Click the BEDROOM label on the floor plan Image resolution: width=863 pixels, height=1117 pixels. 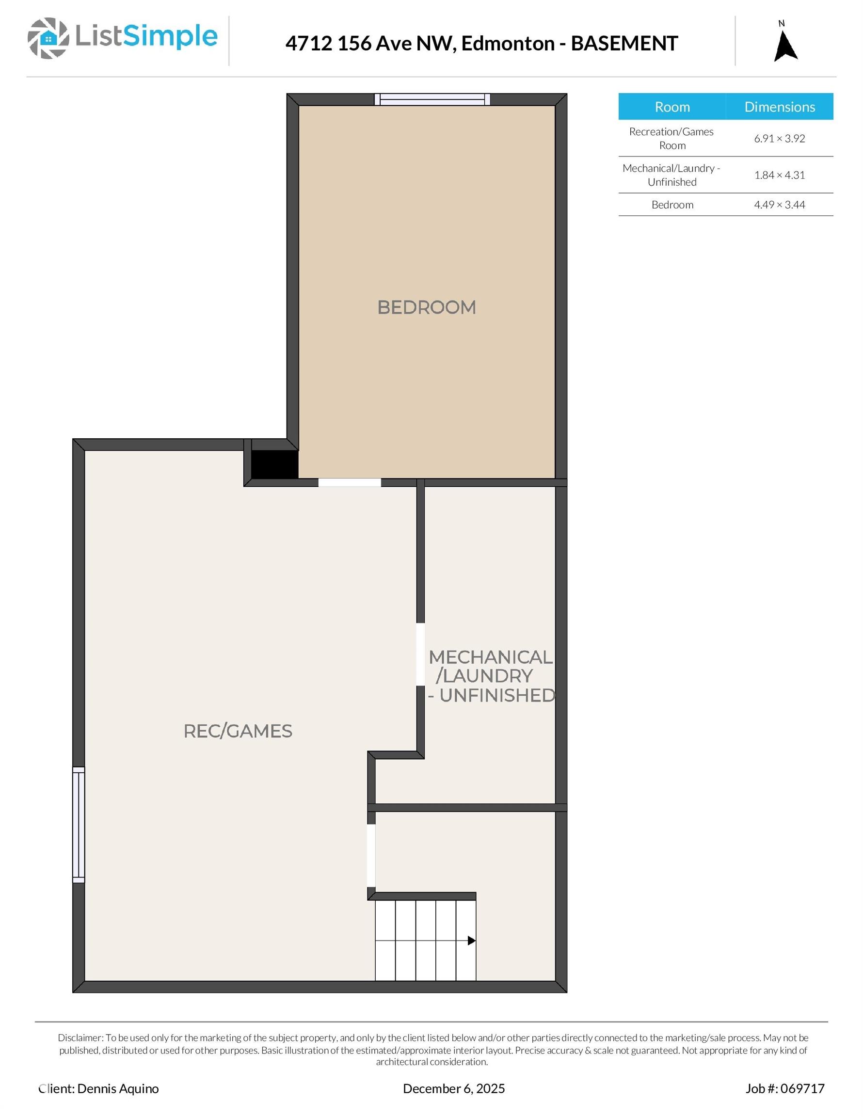pyautogui.click(x=427, y=307)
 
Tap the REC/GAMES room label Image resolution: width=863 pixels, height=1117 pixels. pyautogui.click(x=238, y=732)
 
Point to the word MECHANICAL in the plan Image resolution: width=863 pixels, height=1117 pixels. pyautogui.click(x=491, y=657)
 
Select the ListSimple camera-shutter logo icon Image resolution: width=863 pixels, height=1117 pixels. pyautogui.click(x=48, y=38)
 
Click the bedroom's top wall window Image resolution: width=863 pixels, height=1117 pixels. pyautogui.click(x=432, y=99)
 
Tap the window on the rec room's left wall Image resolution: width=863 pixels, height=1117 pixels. pyautogui.click(x=78, y=825)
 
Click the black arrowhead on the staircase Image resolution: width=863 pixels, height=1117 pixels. pyautogui.click(x=472, y=941)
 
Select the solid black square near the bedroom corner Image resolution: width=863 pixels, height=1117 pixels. pyautogui.click(x=274, y=464)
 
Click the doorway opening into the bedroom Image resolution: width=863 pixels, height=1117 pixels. pyautogui.click(x=350, y=482)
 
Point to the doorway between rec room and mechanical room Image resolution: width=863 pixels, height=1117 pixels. pyautogui.click(x=420, y=654)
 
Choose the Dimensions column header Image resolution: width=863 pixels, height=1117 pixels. pyautogui.click(x=780, y=107)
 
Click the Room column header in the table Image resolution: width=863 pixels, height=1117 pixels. pyautogui.click(x=672, y=107)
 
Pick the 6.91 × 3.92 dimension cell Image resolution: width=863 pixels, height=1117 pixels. pyautogui.click(x=780, y=139)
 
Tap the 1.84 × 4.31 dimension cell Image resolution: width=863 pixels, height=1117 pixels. pyautogui.click(x=780, y=175)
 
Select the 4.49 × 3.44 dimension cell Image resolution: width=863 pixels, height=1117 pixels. pyautogui.click(x=780, y=205)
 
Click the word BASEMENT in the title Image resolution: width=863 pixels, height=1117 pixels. pyautogui.click(x=624, y=44)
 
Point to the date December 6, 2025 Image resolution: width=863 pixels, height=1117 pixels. pyautogui.click(x=454, y=1088)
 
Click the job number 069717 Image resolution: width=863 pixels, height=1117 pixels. pyautogui.click(x=802, y=1088)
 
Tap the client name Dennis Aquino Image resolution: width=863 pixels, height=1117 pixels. pyautogui.click(x=118, y=1088)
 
